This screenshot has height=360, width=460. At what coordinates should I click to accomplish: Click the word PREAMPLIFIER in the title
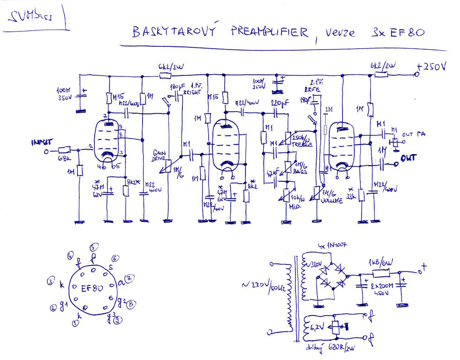point(270,32)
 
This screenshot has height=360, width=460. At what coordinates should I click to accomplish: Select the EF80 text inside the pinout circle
point(92,288)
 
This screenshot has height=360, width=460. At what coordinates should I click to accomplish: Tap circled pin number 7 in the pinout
point(129,278)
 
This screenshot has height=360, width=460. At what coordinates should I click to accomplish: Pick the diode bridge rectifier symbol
point(332,275)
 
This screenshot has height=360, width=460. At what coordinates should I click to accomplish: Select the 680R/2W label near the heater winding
point(342,348)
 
